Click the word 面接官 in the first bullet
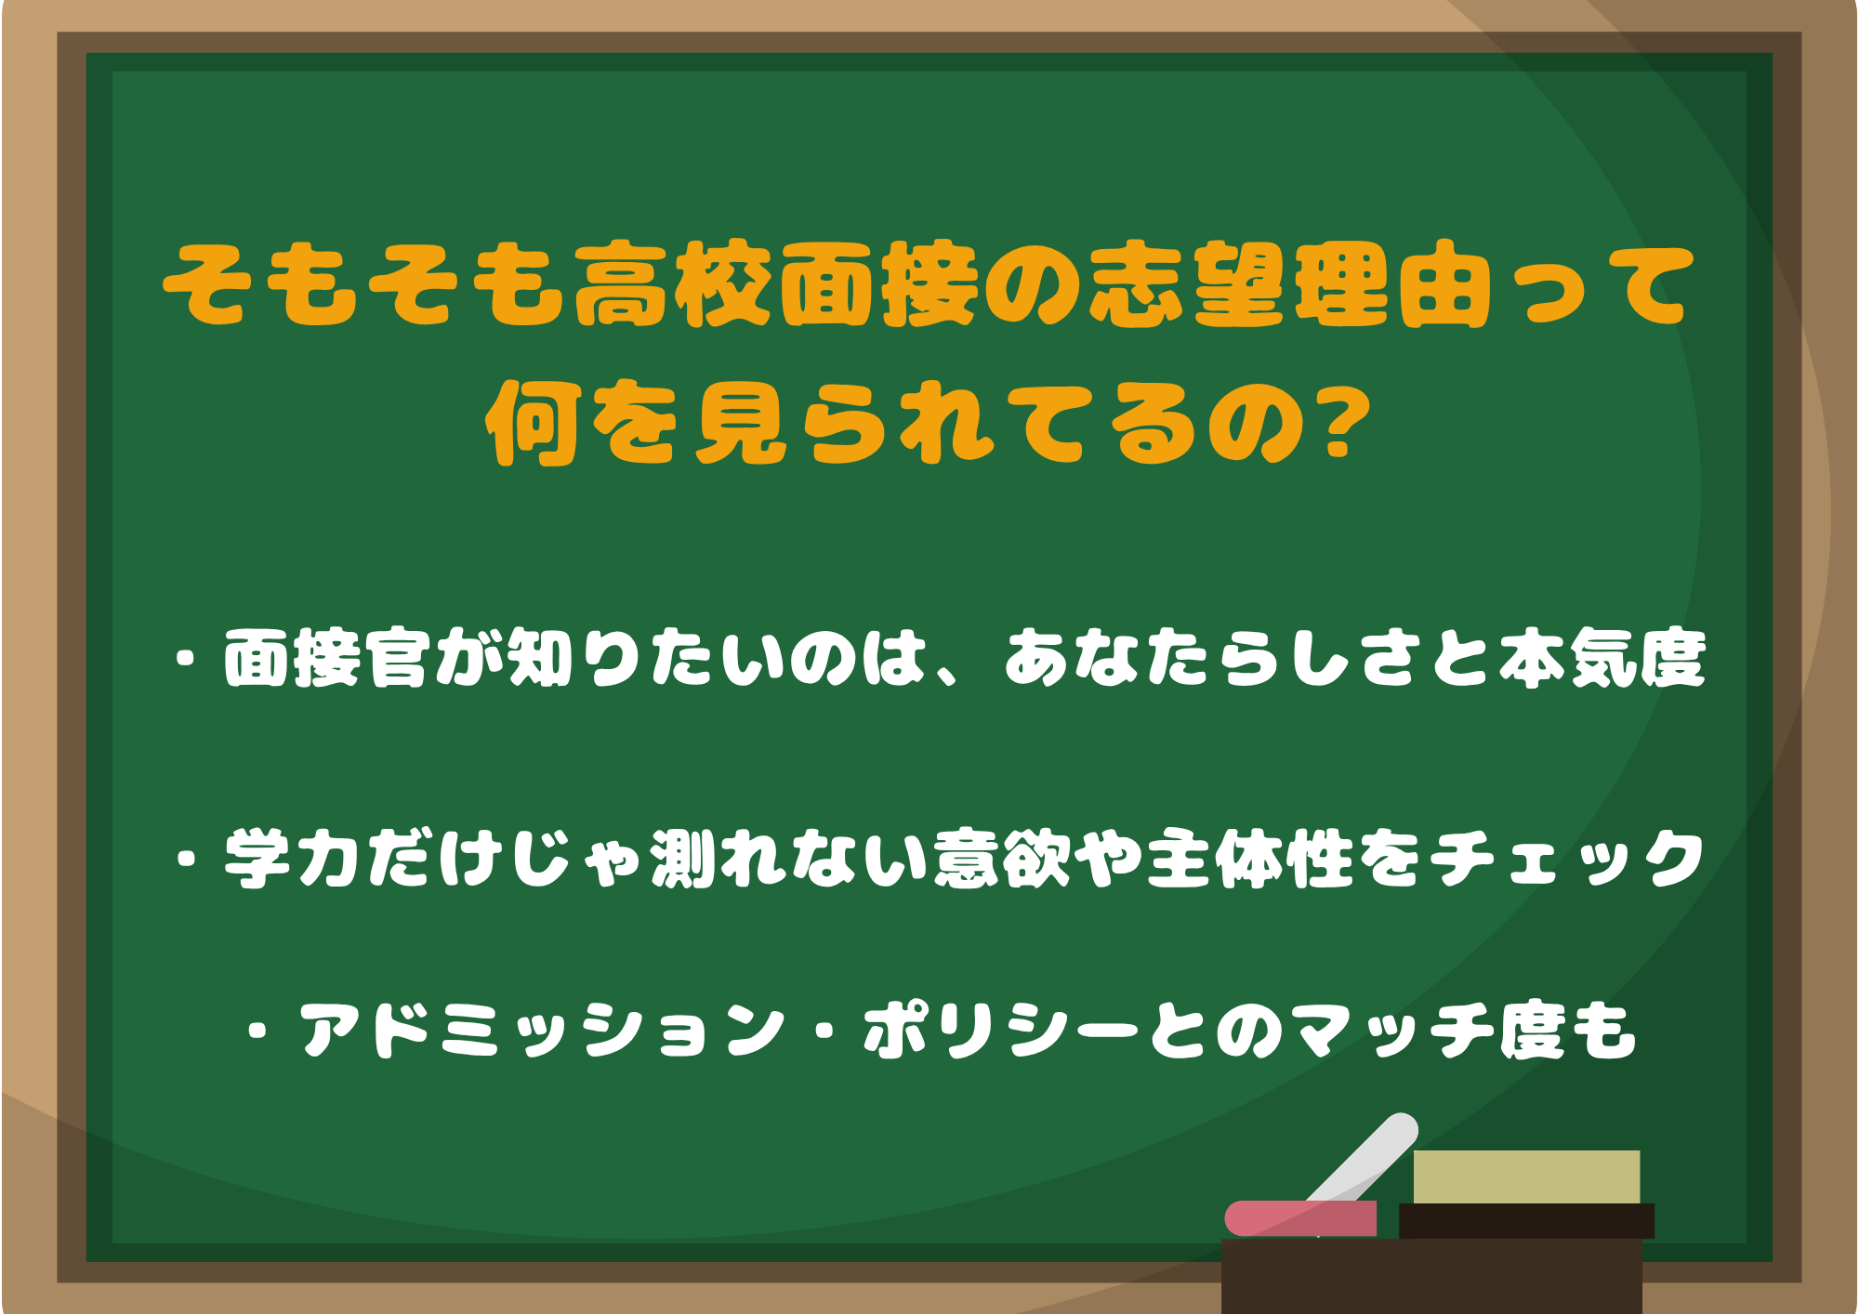[324, 659]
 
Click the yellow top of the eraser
[1525, 1176]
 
